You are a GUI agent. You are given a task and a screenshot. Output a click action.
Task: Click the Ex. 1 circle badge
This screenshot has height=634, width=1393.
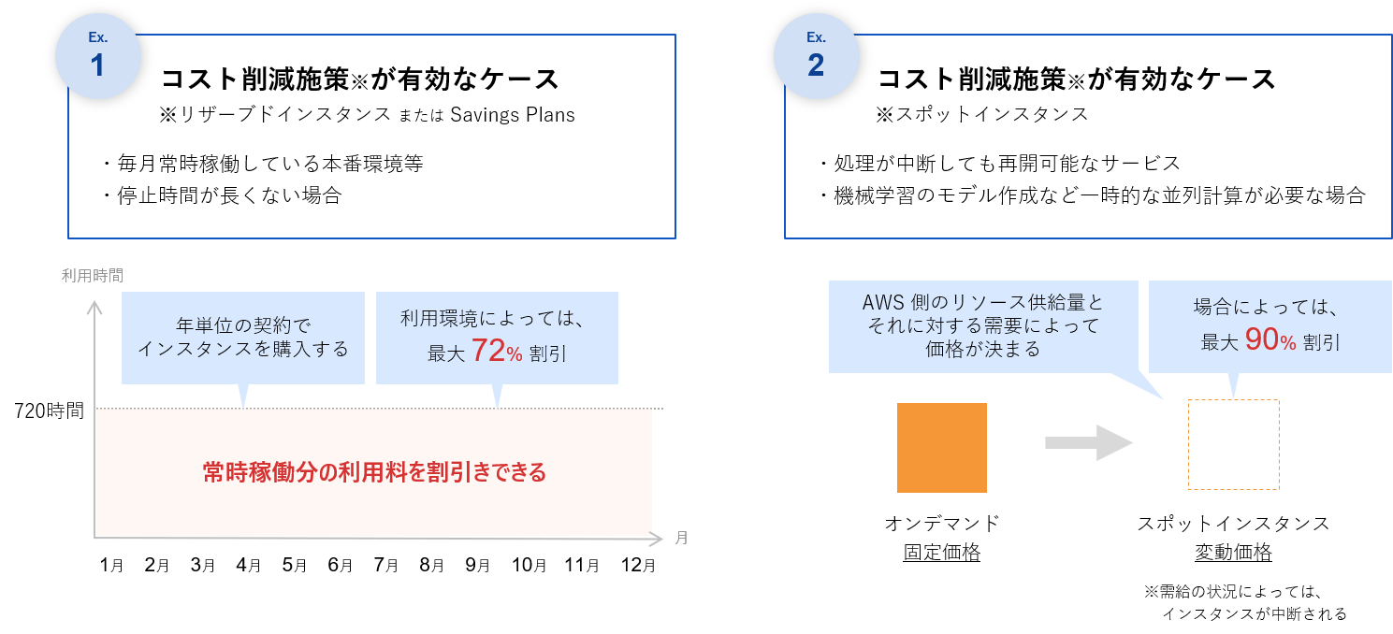pos(97,56)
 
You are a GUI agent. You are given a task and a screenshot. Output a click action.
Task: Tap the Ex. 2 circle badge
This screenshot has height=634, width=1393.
pos(816,56)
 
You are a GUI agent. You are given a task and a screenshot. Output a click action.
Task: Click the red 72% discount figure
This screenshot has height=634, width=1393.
pos(497,352)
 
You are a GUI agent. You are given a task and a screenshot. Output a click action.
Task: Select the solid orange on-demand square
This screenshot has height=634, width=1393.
pos(941,448)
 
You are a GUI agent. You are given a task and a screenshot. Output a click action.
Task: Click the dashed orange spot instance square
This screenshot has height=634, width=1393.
pos(1234,444)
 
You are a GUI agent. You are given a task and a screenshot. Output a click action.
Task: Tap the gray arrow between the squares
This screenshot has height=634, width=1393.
pos(1089,442)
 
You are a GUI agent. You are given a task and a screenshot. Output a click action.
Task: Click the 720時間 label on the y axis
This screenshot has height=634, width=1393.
pos(50,411)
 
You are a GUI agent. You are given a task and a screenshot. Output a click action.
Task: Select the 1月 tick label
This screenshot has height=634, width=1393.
pos(111,565)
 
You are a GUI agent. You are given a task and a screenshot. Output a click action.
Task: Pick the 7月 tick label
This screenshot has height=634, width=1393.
pos(385,565)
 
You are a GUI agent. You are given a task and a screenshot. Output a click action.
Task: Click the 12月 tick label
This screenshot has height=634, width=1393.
pos(638,565)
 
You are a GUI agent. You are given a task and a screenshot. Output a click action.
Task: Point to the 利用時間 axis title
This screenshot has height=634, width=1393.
pos(92,275)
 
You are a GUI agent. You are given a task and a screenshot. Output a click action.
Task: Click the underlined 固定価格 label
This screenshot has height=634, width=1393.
pos(941,552)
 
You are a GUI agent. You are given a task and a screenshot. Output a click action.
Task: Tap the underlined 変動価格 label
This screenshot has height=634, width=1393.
pos(1233,552)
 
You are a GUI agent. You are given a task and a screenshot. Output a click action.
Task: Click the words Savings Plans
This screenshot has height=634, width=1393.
pos(513,115)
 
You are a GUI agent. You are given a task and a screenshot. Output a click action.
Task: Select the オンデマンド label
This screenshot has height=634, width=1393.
pos(941,524)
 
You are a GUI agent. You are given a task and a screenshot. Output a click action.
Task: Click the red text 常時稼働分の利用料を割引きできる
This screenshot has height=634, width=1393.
pos(374,472)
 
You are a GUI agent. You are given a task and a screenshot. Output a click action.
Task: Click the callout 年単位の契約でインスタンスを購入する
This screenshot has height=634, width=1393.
pos(243,338)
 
